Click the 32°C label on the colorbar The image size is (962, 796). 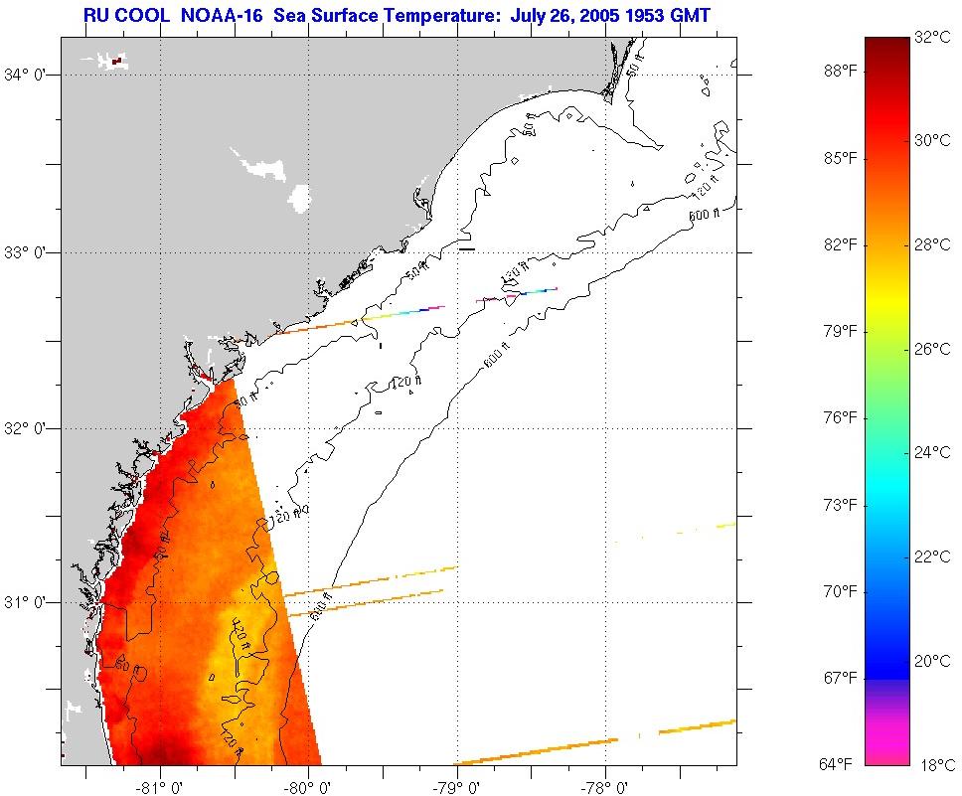(x=934, y=38)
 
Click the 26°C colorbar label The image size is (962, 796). (x=934, y=349)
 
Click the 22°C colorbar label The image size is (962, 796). (x=934, y=557)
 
